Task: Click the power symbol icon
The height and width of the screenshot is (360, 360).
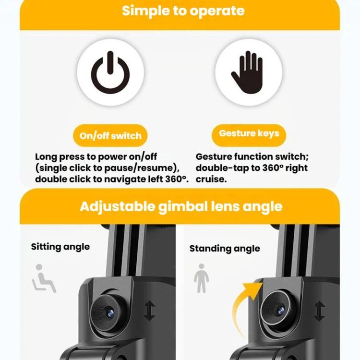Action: click(110, 72)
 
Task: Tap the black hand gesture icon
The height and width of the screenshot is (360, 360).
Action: click(248, 72)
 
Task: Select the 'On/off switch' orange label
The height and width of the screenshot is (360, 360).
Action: click(110, 136)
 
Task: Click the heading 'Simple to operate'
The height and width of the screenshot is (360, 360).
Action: click(183, 11)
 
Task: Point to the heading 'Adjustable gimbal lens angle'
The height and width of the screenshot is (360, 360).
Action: click(181, 206)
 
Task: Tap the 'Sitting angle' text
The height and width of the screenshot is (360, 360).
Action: click(60, 247)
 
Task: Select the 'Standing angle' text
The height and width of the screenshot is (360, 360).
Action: click(225, 249)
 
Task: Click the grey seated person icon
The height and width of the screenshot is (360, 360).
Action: click(44, 278)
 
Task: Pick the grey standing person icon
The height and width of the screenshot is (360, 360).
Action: click(201, 278)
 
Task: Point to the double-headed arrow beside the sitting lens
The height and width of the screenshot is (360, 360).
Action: click(150, 311)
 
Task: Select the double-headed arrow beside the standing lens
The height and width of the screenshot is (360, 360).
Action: click(320, 311)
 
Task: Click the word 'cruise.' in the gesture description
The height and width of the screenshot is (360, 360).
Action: click(211, 180)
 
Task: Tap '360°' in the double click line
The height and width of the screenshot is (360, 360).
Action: click(176, 179)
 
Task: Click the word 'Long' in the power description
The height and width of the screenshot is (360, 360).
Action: click(46, 157)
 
